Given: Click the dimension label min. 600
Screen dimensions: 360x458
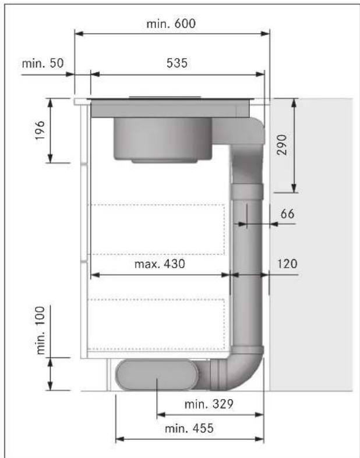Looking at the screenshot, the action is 171,24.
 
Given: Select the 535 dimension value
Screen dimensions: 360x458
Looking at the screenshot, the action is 177,63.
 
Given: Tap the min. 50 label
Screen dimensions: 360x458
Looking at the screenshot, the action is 43,63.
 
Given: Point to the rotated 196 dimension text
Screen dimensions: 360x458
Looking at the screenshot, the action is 40,130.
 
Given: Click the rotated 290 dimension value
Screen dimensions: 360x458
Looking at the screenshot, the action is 282,144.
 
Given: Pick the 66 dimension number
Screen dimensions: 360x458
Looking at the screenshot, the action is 287,214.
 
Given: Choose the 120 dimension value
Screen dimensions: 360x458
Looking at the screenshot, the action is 287,264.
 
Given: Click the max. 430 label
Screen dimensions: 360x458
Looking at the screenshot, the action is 160,264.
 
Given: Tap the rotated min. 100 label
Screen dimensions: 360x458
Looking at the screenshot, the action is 40,331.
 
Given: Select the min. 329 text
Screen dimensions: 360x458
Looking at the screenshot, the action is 209,404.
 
